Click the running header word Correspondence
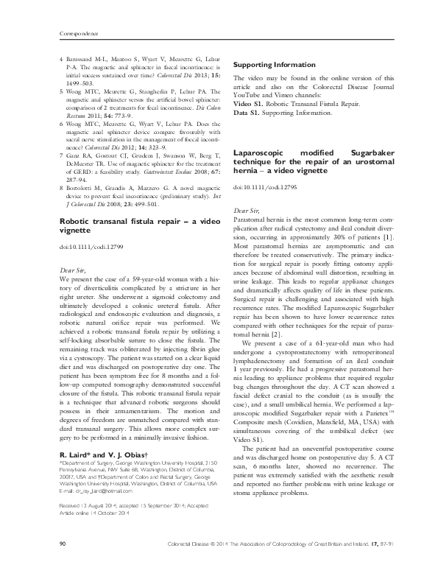77,34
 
